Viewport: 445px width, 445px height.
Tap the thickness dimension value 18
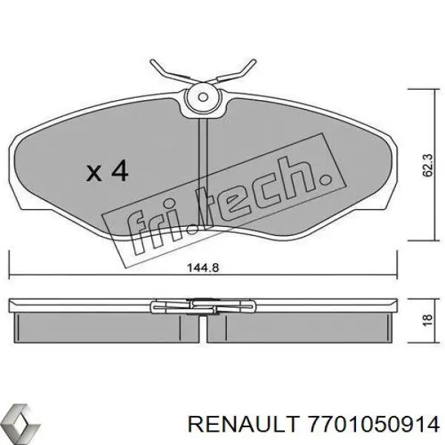tap(425, 319)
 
